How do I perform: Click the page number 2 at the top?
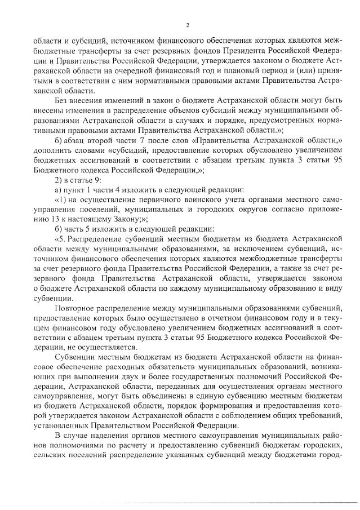(x=187, y=25)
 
